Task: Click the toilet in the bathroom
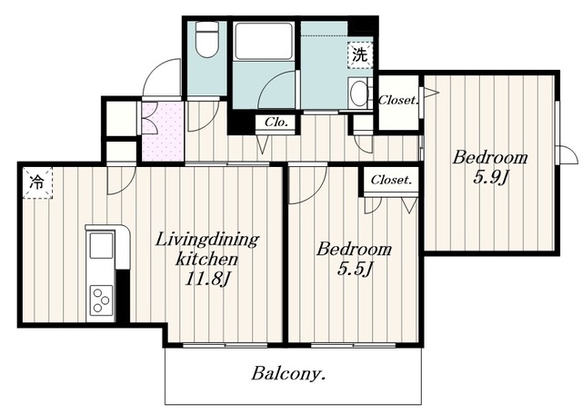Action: coord(206,40)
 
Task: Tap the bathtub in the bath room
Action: coord(264,41)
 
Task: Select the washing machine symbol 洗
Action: coord(360,55)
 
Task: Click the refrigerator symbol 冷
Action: coord(37,182)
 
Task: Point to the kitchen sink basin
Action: coord(101,245)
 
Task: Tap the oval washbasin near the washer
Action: coord(358,93)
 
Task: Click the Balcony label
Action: coord(288,374)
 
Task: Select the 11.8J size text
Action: coord(207,279)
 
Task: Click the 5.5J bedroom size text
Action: coord(355,269)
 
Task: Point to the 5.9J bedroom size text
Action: coord(490,177)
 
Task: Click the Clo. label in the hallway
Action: coord(276,123)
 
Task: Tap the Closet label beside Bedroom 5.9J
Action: coord(398,100)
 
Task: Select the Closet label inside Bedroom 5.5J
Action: coord(391,180)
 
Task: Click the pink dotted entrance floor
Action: coord(163,132)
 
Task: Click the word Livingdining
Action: coord(206,241)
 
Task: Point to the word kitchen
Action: coord(206,259)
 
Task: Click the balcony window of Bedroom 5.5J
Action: coord(353,345)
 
